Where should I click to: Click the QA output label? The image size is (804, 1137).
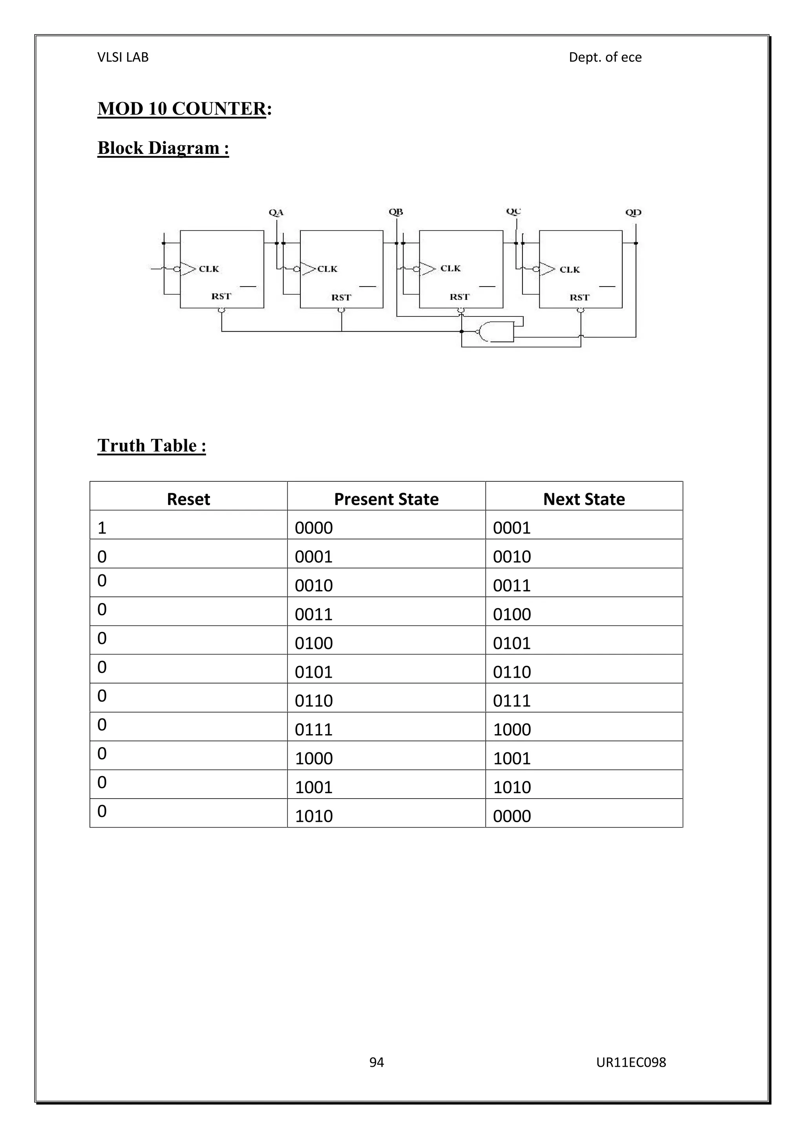tap(276, 212)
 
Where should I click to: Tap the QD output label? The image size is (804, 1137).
tap(633, 212)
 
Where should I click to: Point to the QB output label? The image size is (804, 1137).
tap(396, 212)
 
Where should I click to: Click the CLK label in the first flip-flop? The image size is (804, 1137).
tap(209, 269)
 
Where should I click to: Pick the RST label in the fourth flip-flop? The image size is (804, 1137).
tap(579, 297)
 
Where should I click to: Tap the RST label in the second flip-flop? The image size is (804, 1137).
tap(341, 297)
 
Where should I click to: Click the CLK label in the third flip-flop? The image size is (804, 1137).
tap(451, 269)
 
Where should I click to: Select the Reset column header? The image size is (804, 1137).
tap(188, 499)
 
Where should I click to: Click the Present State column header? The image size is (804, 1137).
tap(386, 499)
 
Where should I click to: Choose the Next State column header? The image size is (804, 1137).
tap(584, 499)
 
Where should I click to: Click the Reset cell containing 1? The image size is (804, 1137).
tap(102, 528)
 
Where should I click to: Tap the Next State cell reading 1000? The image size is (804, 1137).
tap(512, 729)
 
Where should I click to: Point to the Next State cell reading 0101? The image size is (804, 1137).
tap(512, 643)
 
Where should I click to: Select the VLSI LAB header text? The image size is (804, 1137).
tap(123, 57)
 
